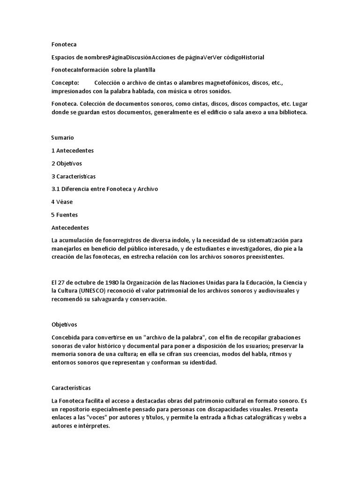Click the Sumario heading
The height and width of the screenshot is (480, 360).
click(x=62, y=138)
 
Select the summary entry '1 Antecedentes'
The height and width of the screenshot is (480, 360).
click(x=73, y=150)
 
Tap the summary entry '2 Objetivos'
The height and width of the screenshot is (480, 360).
click(x=67, y=164)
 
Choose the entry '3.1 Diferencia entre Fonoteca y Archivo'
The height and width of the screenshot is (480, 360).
click(x=105, y=189)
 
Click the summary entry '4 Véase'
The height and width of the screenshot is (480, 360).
click(x=62, y=202)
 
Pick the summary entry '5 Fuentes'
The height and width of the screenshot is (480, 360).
click(x=64, y=215)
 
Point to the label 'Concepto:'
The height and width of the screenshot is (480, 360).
click(x=65, y=82)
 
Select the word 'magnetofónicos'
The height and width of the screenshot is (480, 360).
click(x=212, y=82)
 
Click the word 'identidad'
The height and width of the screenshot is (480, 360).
click(x=215, y=363)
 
